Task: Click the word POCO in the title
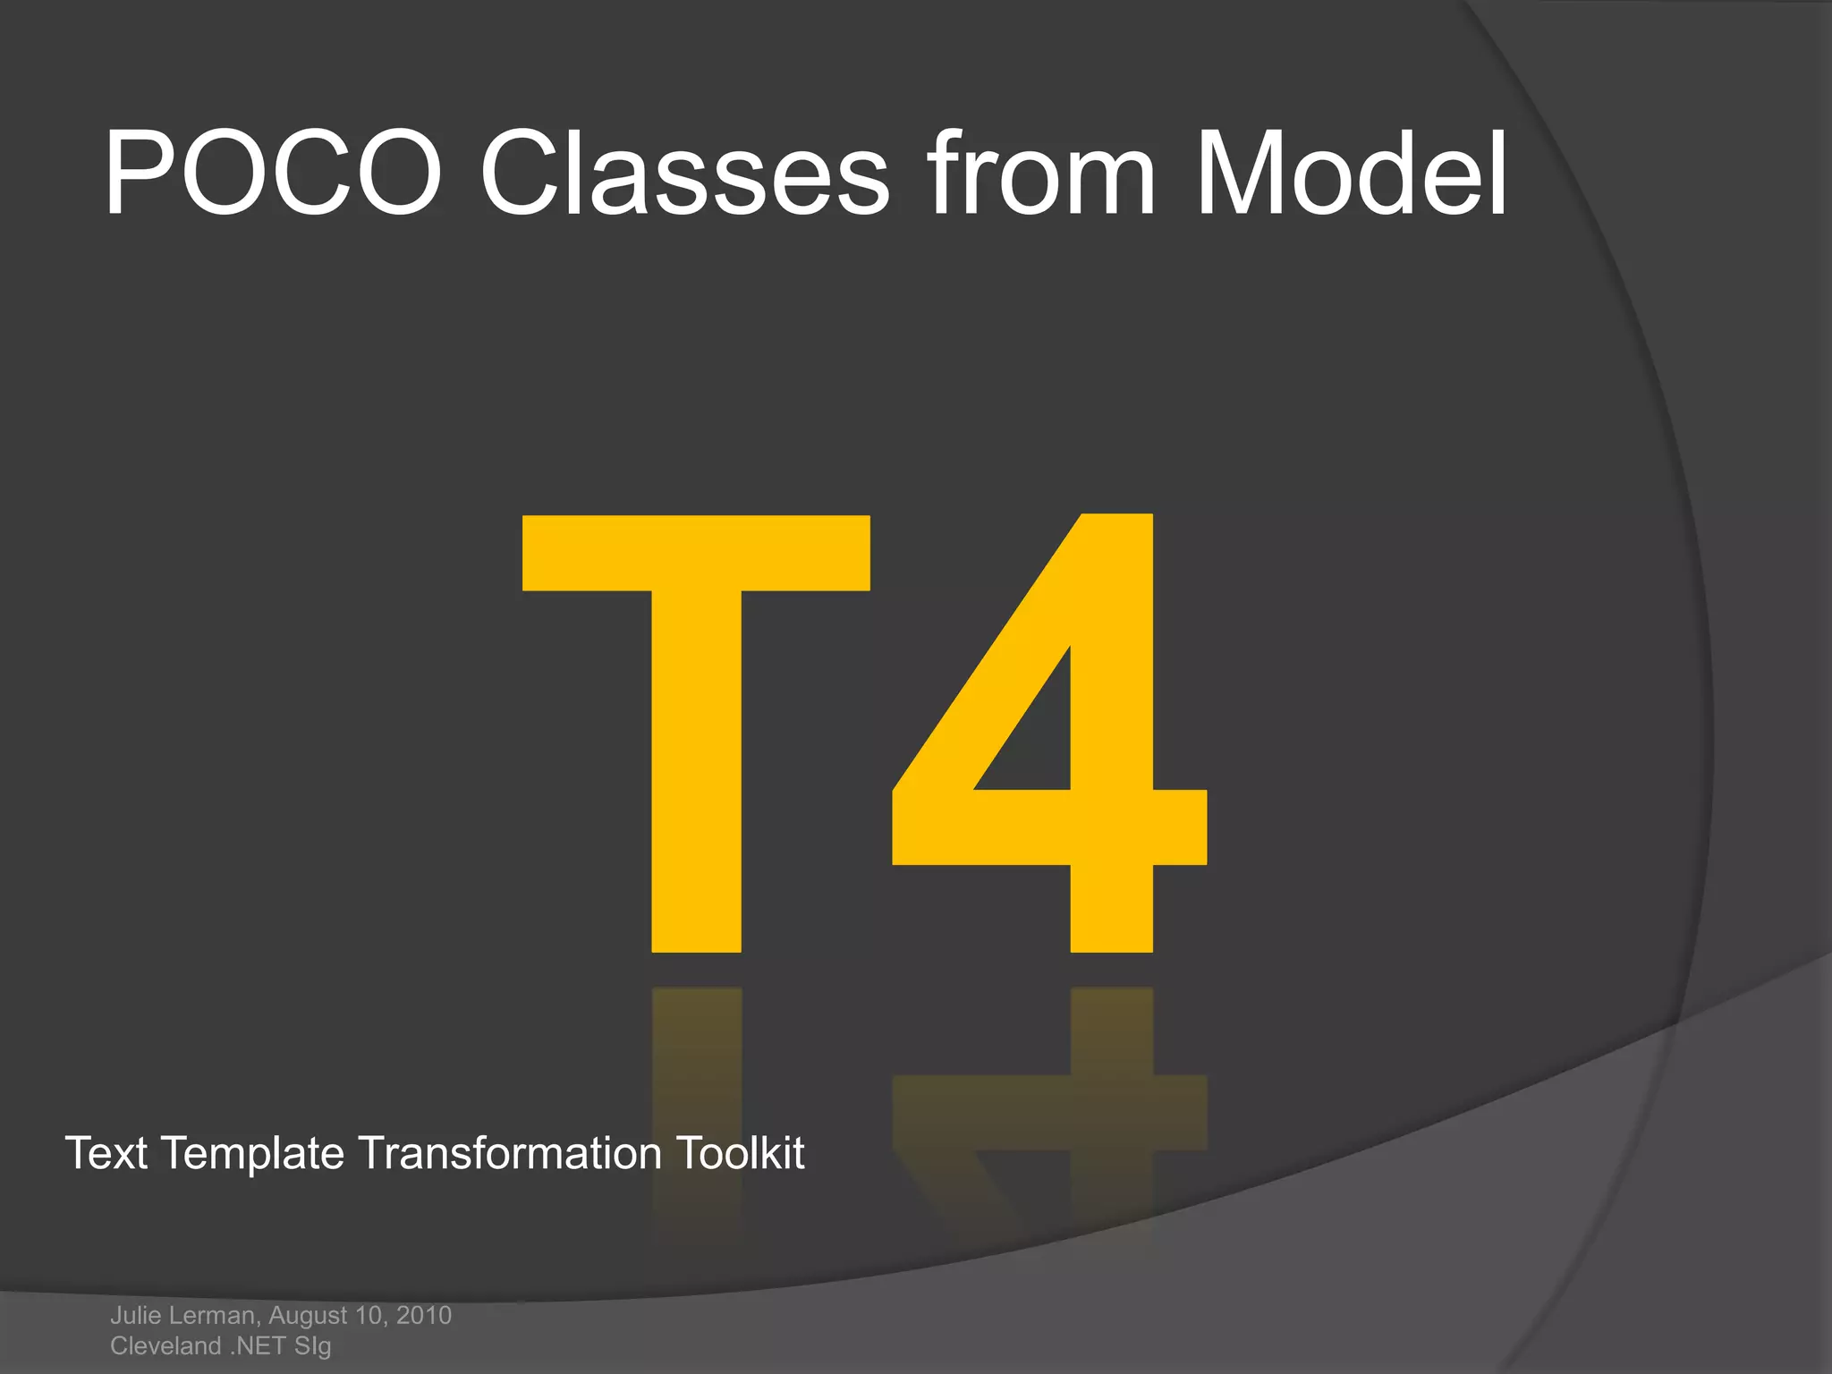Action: click(273, 174)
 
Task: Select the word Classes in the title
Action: click(685, 174)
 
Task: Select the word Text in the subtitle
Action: click(106, 1153)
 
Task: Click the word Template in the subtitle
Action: click(253, 1155)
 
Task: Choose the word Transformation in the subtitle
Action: click(510, 1153)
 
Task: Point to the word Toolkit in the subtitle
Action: click(740, 1153)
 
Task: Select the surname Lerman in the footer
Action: click(215, 1316)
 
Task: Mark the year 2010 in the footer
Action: click(423, 1315)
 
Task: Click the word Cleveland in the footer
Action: click(165, 1345)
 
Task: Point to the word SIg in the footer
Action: click(312, 1346)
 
